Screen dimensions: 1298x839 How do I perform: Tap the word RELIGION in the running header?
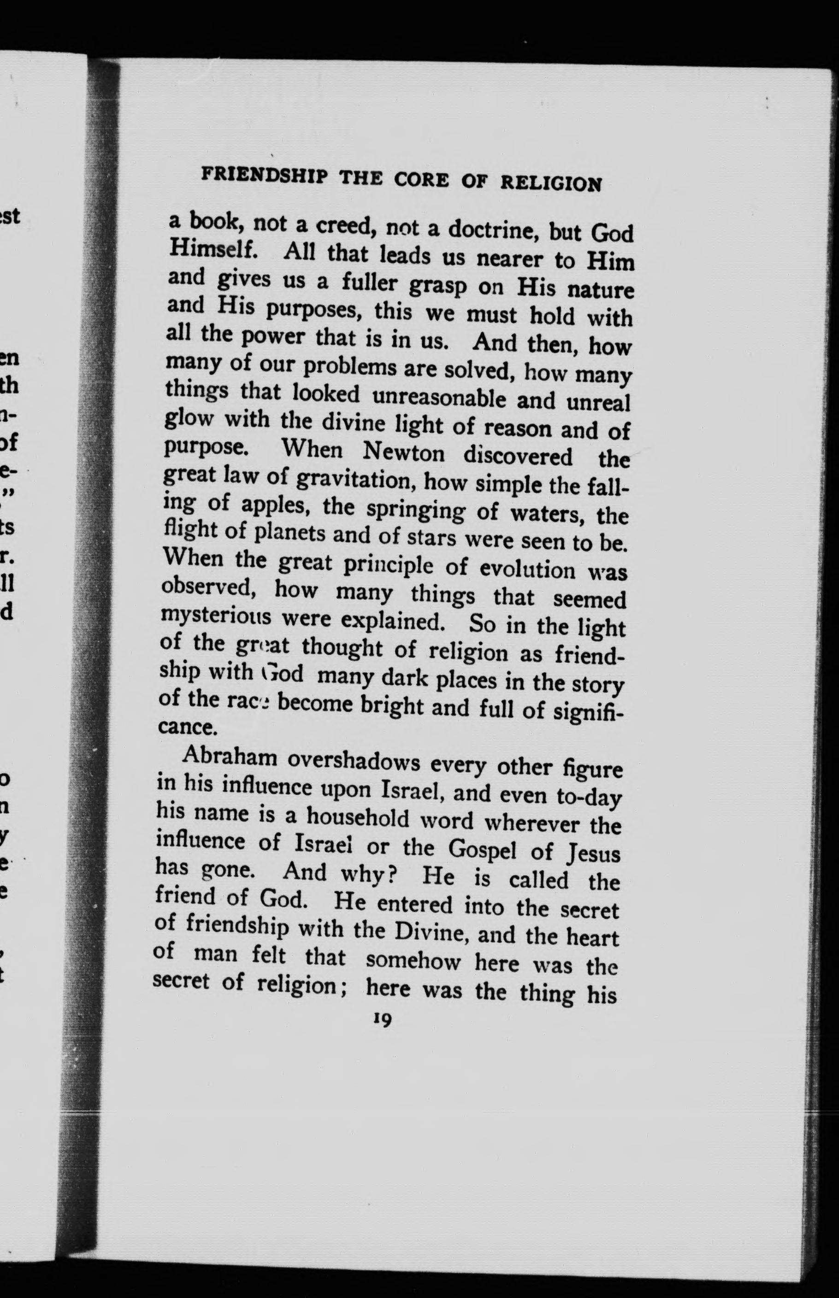551,183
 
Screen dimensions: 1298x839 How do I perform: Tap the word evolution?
527,569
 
